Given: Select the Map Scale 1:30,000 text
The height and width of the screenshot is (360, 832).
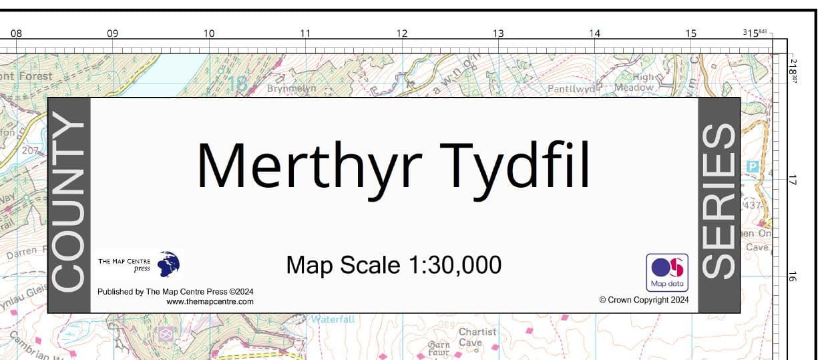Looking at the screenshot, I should [393, 265].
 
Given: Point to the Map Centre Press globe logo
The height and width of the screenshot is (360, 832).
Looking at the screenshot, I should [170, 264].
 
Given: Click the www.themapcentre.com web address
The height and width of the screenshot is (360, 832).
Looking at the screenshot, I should [210, 302].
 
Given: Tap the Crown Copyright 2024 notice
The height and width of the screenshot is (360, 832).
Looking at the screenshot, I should [644, 301].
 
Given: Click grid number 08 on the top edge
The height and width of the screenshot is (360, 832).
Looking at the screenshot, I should [16, 33].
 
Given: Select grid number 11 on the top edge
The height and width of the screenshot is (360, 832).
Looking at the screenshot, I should [305, 33].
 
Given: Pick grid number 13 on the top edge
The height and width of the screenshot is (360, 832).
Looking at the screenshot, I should [498, 33].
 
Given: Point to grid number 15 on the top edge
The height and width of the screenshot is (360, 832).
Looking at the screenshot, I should [690, 33].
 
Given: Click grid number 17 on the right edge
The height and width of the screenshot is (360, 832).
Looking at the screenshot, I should [793, 180].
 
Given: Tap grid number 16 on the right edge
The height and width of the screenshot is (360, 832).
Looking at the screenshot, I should [793, 275].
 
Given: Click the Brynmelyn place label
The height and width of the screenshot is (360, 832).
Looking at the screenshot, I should [291, 88].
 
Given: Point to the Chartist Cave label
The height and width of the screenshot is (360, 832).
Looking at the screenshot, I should [477, 337].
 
